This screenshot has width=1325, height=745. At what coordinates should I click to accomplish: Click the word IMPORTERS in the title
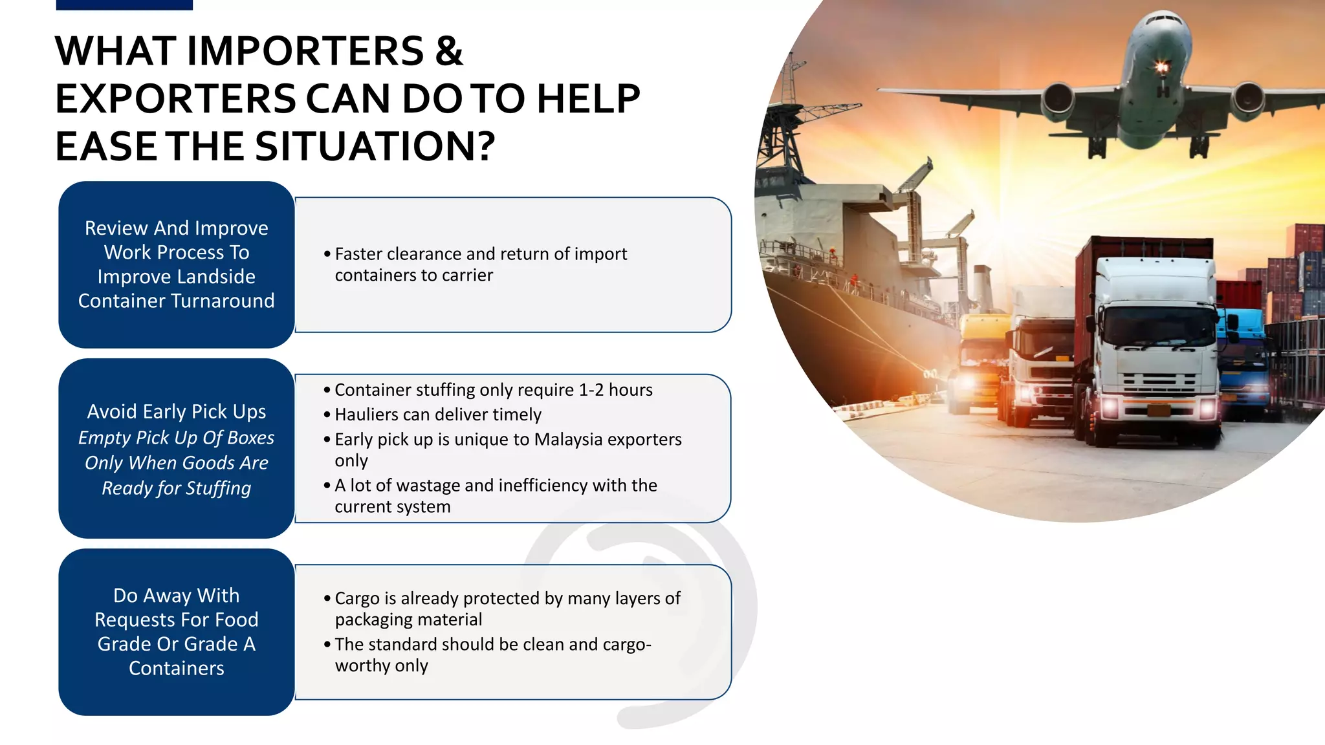click(305, 51)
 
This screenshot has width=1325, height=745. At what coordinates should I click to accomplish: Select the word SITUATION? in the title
click(375, 146)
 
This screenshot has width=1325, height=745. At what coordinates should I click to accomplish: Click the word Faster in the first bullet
click(358, 254)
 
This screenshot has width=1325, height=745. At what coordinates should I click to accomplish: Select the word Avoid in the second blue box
click(112, 412)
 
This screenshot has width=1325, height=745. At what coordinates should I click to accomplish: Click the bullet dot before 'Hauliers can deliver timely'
click(327, 415)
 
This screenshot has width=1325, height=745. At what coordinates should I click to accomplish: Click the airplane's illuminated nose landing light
click(1162, 66)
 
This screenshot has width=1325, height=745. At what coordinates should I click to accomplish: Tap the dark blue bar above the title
click(124, 5)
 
